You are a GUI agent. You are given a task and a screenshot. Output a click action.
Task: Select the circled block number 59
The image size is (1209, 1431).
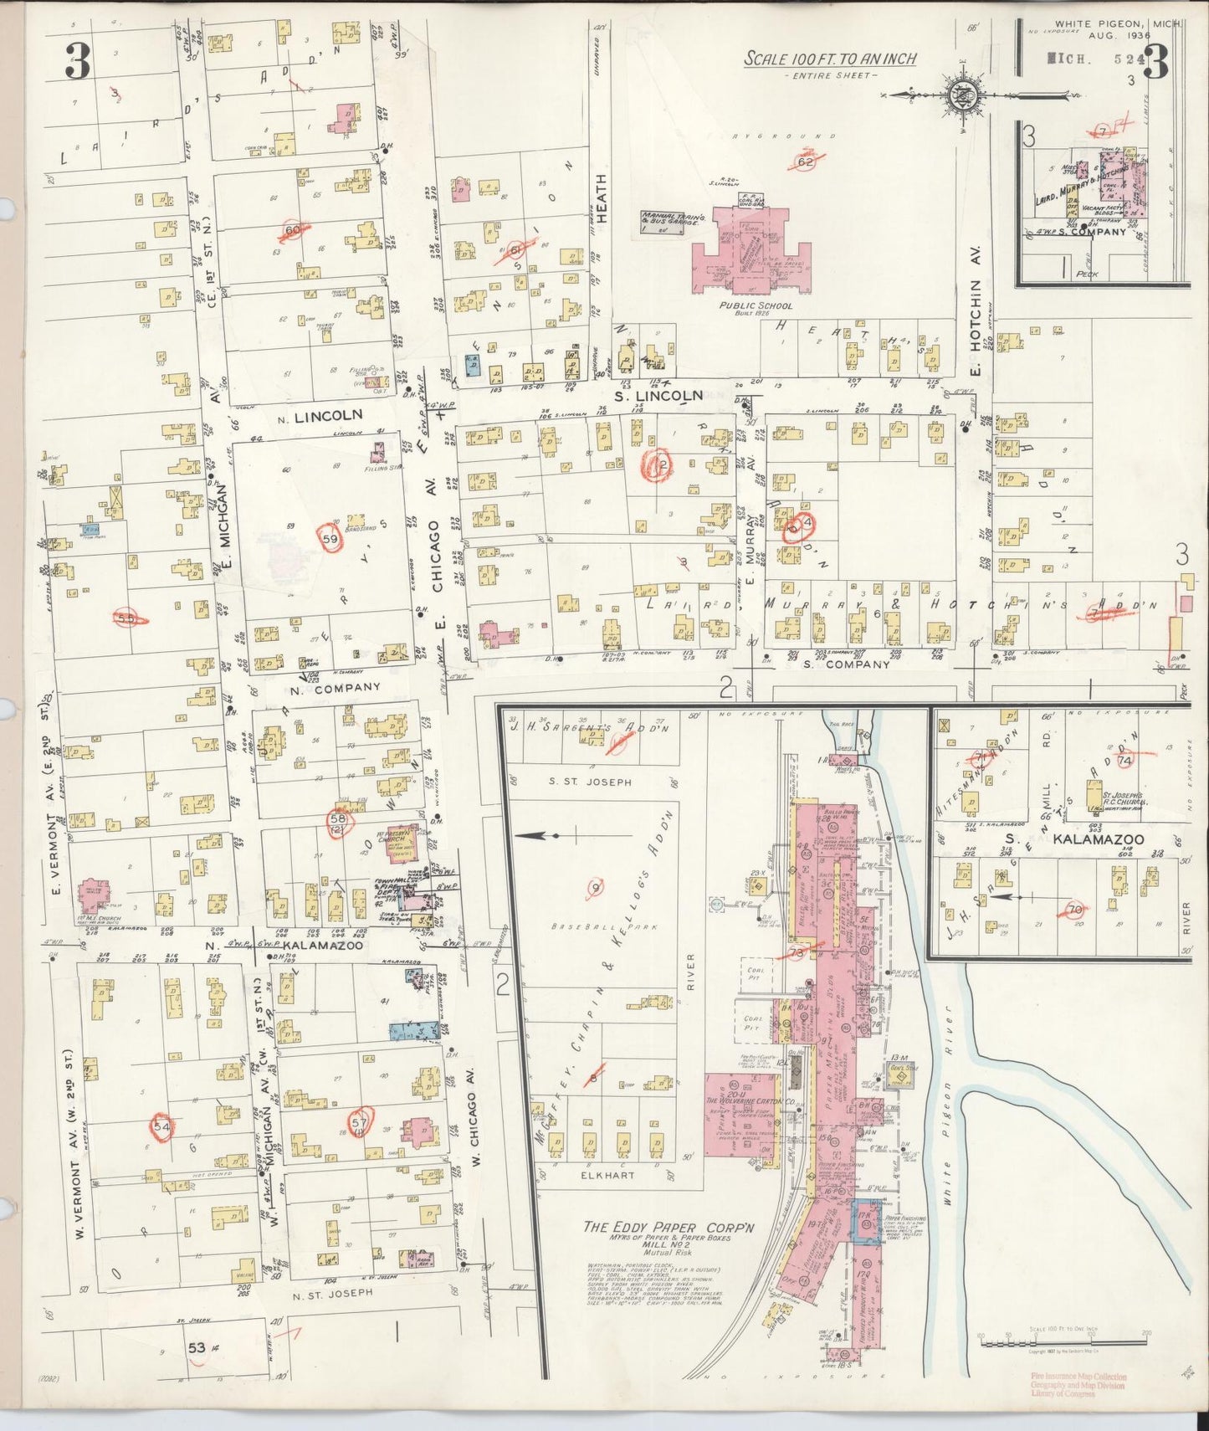coord(330,540)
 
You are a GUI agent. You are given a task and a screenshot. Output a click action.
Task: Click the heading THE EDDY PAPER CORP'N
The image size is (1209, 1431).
coord(669,1228)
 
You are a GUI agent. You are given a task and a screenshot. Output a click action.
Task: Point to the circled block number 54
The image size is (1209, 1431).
coord(161,1126)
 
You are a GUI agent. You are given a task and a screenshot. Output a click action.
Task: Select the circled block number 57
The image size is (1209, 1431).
coord(360,1122)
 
